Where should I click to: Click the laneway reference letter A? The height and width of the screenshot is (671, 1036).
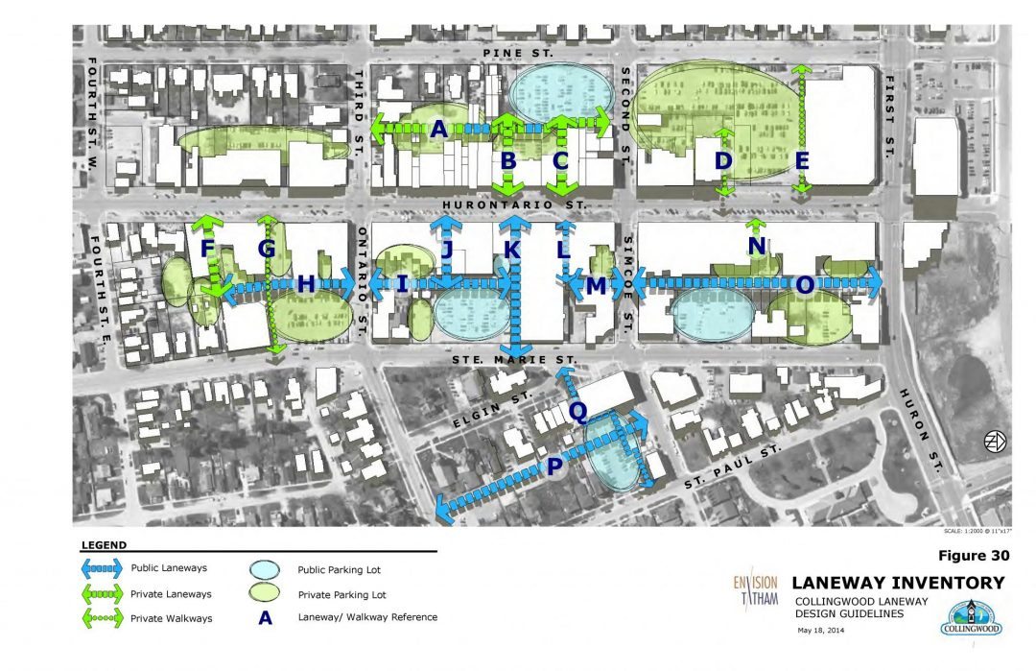[439, 130]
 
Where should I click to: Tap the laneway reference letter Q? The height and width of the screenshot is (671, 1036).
[578, 411]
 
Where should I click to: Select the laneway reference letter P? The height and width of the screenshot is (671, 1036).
[554, 467]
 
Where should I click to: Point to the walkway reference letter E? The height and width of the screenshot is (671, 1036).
[802, 161]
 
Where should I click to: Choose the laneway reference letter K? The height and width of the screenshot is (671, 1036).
[511, 250]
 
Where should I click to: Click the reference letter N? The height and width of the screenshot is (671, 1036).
[757, 248]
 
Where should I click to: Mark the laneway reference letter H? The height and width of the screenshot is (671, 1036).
[306, 284]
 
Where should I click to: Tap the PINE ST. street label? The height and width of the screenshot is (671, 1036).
[519, 53]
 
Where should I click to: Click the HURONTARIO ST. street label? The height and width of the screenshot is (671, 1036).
[515, 205]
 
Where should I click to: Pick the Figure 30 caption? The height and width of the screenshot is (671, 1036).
[970, 556]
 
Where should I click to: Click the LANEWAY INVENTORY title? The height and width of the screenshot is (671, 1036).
[898, 583]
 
